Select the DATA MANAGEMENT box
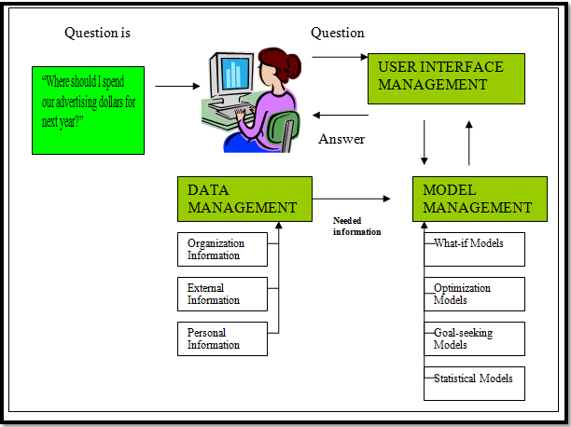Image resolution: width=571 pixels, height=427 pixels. coord(244,199)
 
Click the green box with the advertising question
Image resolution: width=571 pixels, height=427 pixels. coord(89,109)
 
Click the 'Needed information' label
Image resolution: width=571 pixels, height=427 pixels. coord(357,227)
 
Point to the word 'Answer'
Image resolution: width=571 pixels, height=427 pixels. coord(341,139)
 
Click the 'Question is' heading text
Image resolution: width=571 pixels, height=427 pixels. coord(97,34)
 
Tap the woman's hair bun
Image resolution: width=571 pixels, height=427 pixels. coord(295,64)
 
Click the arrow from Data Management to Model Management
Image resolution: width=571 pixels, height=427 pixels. coord(351,199)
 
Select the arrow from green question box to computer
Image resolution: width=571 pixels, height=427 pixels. coord(177,86)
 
